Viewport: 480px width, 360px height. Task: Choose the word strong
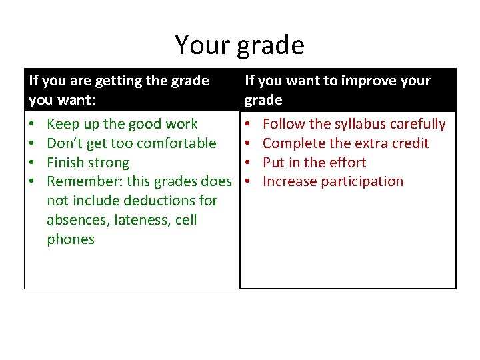[108, 163]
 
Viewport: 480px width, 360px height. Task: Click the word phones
[71, 239]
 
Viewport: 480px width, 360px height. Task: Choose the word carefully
[418, 124]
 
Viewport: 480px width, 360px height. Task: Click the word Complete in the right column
[291, 143]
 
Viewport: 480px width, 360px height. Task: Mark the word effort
[344, 163]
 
